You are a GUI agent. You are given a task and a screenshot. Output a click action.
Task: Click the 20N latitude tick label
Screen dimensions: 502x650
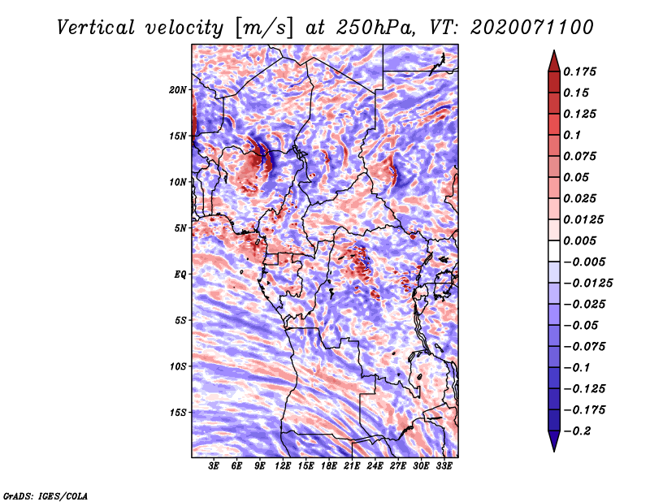178,89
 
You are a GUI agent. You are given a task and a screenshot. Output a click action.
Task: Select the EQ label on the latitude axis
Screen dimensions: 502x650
180,274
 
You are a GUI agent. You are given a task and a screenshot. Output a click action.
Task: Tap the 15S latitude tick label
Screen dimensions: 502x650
178,412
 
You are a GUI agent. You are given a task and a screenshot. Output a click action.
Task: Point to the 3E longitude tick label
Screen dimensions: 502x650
214,466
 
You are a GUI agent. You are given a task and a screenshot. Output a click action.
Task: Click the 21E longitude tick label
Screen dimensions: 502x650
352,466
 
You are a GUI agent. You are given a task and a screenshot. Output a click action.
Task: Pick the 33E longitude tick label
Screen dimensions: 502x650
444,466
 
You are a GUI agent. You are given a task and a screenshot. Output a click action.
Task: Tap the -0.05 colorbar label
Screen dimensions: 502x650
583,325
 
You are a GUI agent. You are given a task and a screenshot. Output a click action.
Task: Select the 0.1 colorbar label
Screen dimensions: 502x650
574,134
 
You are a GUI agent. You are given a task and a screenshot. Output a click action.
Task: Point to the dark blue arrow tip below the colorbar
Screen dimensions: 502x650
552,444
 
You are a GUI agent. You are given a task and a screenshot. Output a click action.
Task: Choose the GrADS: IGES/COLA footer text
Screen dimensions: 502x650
45,496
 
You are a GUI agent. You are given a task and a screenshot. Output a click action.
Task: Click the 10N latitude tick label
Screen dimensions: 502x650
178,181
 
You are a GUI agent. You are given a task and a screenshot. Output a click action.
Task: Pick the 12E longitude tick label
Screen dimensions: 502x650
283,466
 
